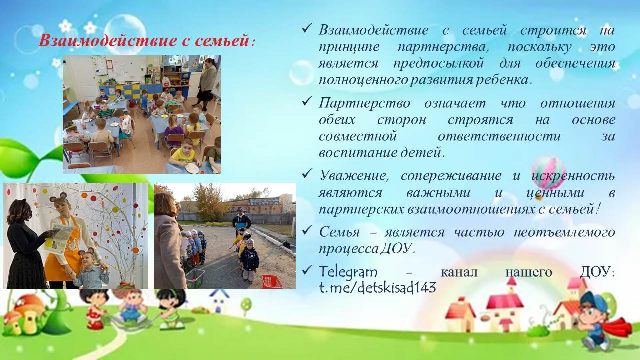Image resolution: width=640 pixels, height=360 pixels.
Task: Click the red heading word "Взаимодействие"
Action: (x=108, y=41)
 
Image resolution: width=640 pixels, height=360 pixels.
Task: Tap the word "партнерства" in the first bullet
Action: (x=443, y=47)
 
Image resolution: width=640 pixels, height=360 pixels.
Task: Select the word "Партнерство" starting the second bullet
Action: (x=364, y=103)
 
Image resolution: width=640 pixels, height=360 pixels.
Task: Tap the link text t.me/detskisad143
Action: (x=377, y=287)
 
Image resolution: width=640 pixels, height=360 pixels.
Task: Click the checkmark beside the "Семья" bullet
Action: (x=306, y=229)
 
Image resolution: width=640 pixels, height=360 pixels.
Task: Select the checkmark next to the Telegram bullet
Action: (x=306, y=269)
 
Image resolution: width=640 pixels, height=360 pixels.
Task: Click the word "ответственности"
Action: (x=499, y=136)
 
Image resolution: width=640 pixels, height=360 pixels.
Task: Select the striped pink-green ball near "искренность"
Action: (x=548, y=173)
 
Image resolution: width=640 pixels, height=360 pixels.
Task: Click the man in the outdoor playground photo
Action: (x=241, y=220)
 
